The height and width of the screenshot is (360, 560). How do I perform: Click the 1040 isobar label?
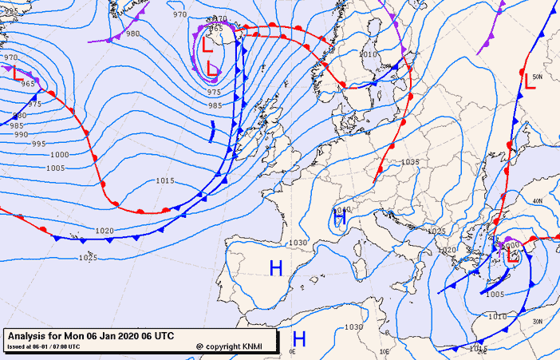click(344, 210)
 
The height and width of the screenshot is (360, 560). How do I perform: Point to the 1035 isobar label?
click(410, 162)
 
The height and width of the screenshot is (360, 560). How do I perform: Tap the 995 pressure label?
click(39, 144)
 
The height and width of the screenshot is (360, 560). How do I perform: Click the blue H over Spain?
click(276, 268)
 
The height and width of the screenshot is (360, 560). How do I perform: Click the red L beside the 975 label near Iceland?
click(212, 69)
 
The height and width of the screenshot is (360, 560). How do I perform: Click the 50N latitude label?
click(538, 77)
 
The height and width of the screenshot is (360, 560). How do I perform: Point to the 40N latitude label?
click(538, 201)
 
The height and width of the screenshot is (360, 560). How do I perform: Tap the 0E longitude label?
click(292, 351)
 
